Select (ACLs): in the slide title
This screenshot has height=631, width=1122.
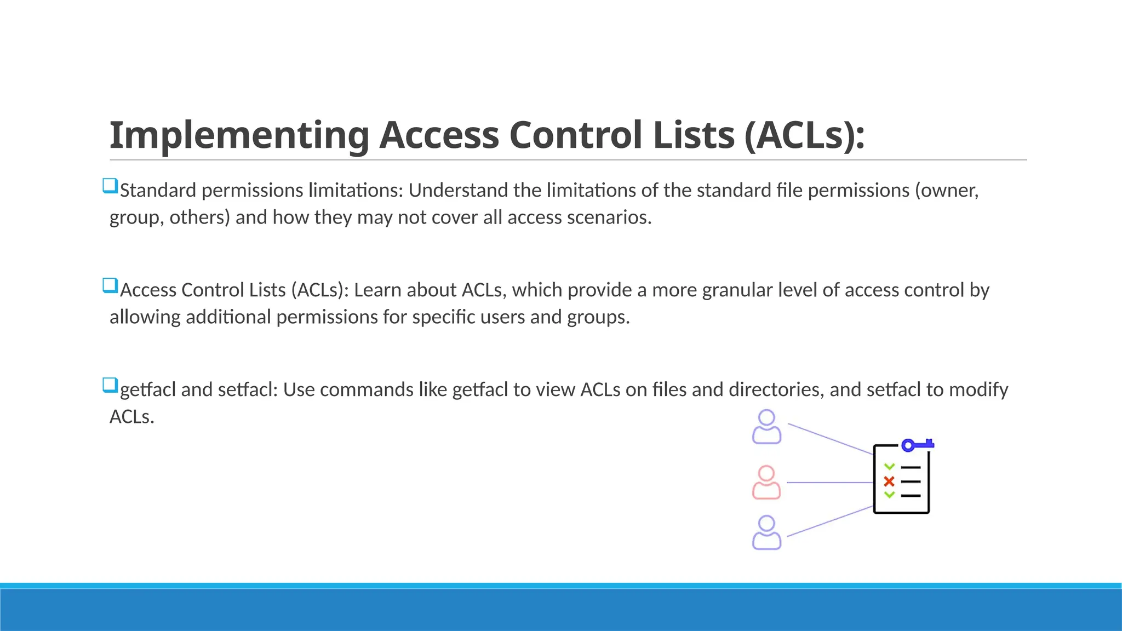(x=804, y=135)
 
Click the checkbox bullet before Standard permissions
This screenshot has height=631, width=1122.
(x=110, y=186)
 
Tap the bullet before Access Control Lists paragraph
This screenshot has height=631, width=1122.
(x=110, y=285)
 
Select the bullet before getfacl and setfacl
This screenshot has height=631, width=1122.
(x=110, y=385)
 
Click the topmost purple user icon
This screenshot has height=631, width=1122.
(x=766, y=427)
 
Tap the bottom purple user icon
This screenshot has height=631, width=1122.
(x=766, y=532)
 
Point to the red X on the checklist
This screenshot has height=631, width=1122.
(x=889, y=481)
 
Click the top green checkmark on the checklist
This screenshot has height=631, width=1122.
(x=889, y=467)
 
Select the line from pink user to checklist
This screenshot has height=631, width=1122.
(x=829, y=483)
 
